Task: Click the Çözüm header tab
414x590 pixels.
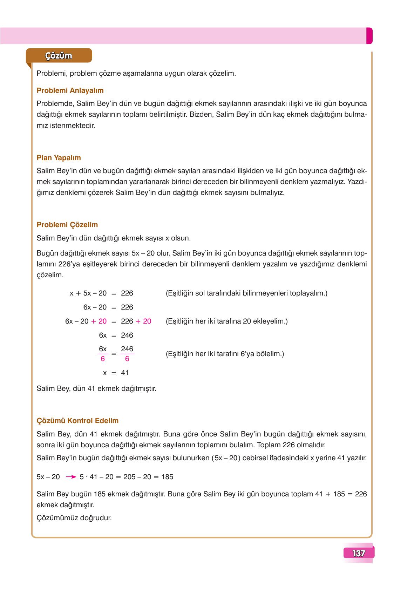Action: coord(59,56)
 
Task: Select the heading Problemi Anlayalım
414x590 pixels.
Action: coord(70,90)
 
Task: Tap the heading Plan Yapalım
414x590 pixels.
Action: coord(59,158)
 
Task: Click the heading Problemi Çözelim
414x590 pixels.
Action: coord(67,225)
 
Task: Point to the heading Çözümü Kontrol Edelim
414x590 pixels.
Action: coord(77,421)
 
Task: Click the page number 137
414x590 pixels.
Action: coord(359,554)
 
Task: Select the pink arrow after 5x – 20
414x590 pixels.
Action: coord(71,477)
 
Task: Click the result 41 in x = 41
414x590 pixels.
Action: coord(125,373)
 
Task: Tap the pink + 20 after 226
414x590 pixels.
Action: coord(143,321)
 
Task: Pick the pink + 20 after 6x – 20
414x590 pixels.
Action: coord(99,321)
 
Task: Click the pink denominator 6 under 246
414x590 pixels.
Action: coord(127,359)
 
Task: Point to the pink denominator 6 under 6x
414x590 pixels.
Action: coord(103,359)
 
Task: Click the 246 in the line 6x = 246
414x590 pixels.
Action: coord(127,335)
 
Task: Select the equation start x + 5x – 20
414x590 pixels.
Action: coord(88,293)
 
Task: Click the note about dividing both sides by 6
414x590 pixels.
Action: coord(225,354)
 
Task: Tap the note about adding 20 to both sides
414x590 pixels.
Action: coord(226,321)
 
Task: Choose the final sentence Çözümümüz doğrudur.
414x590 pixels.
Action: coord(74,517)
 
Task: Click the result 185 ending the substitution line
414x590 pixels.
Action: coord(167,477)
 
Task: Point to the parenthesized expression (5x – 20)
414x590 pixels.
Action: coord(226,458)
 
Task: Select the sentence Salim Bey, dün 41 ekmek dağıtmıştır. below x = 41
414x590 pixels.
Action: coord(96,388)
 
